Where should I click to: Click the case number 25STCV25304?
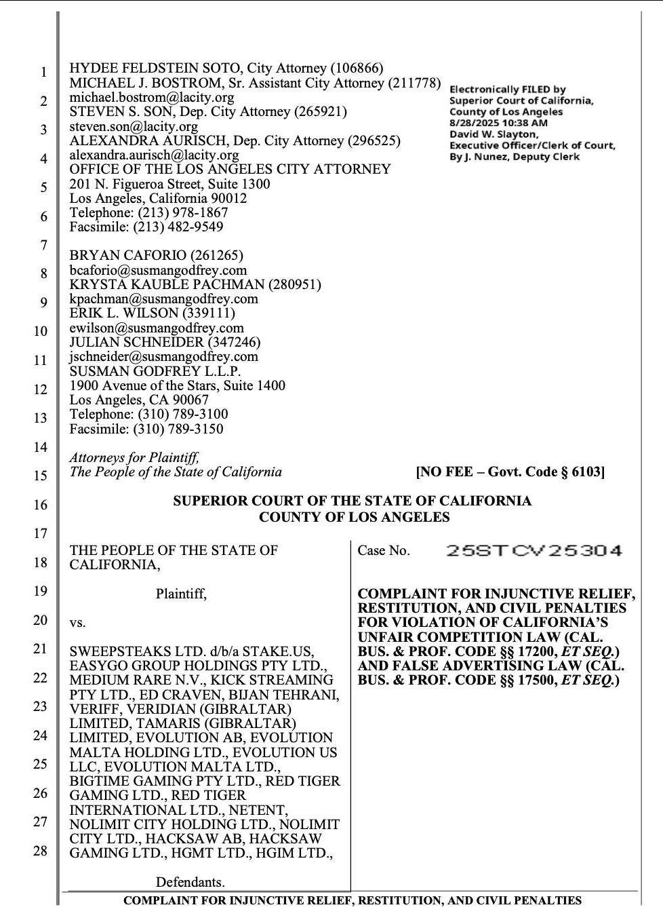tap(534, 551)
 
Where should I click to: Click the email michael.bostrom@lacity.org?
tap(152, 97)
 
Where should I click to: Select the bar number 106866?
tap(357, 69)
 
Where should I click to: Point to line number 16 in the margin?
tap(41, 505)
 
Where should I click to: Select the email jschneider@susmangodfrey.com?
tap(163, 356)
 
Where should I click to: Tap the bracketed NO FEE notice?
tap(510, 472)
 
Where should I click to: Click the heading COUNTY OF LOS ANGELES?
tap(354, 517)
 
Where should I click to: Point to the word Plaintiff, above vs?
tap(181, 594)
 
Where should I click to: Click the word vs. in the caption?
tap(77, 622)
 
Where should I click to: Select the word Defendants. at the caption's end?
tap(190, 882)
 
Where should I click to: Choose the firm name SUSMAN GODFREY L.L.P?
tap(155, 371)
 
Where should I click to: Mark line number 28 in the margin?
tap(41, 850)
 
